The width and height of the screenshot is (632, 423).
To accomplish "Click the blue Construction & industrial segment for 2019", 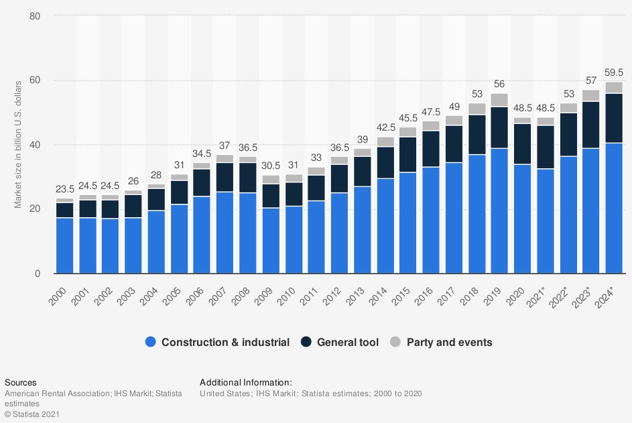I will coord(499,210).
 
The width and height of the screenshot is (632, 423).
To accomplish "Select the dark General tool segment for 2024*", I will coord(614,118).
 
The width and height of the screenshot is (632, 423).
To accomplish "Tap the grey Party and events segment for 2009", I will coord(271,180).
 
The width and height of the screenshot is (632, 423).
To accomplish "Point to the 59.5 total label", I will coord(614,72).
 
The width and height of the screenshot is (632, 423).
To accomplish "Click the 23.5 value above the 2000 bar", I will coord(64,188).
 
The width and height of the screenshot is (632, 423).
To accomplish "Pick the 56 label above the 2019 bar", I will coord(499,83).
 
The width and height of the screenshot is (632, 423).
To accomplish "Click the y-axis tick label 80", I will coord(35,16).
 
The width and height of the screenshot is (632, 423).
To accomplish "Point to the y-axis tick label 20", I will coord(35,209).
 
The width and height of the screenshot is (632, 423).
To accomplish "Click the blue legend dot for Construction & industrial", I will coord(151,343).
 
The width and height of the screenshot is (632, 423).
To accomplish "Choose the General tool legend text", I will coord(348,343).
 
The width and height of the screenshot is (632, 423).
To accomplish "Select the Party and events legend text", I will coord(450,343).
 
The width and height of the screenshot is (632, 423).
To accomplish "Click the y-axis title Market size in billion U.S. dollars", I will coord(18,144).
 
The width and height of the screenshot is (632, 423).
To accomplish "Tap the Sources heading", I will coord(21,382).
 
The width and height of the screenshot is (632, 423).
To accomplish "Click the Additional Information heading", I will coord(246,382).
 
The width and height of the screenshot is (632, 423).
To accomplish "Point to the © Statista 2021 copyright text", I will coord(32,415).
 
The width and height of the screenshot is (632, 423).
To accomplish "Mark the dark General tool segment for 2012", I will coord(339,179).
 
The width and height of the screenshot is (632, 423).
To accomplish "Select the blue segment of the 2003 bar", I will coord(133,245).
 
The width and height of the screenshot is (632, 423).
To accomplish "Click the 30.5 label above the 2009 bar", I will coord(271,166).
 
